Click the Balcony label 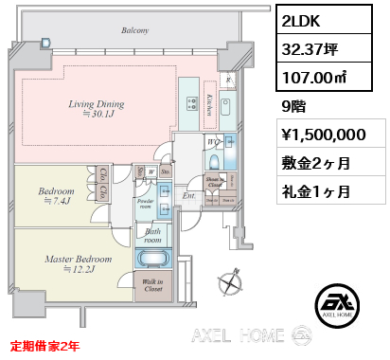tap(134, 31)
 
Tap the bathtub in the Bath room tap(152, 260)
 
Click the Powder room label tap(146, 204)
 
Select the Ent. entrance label tap(188, 196)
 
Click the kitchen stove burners tap(191, 106)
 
